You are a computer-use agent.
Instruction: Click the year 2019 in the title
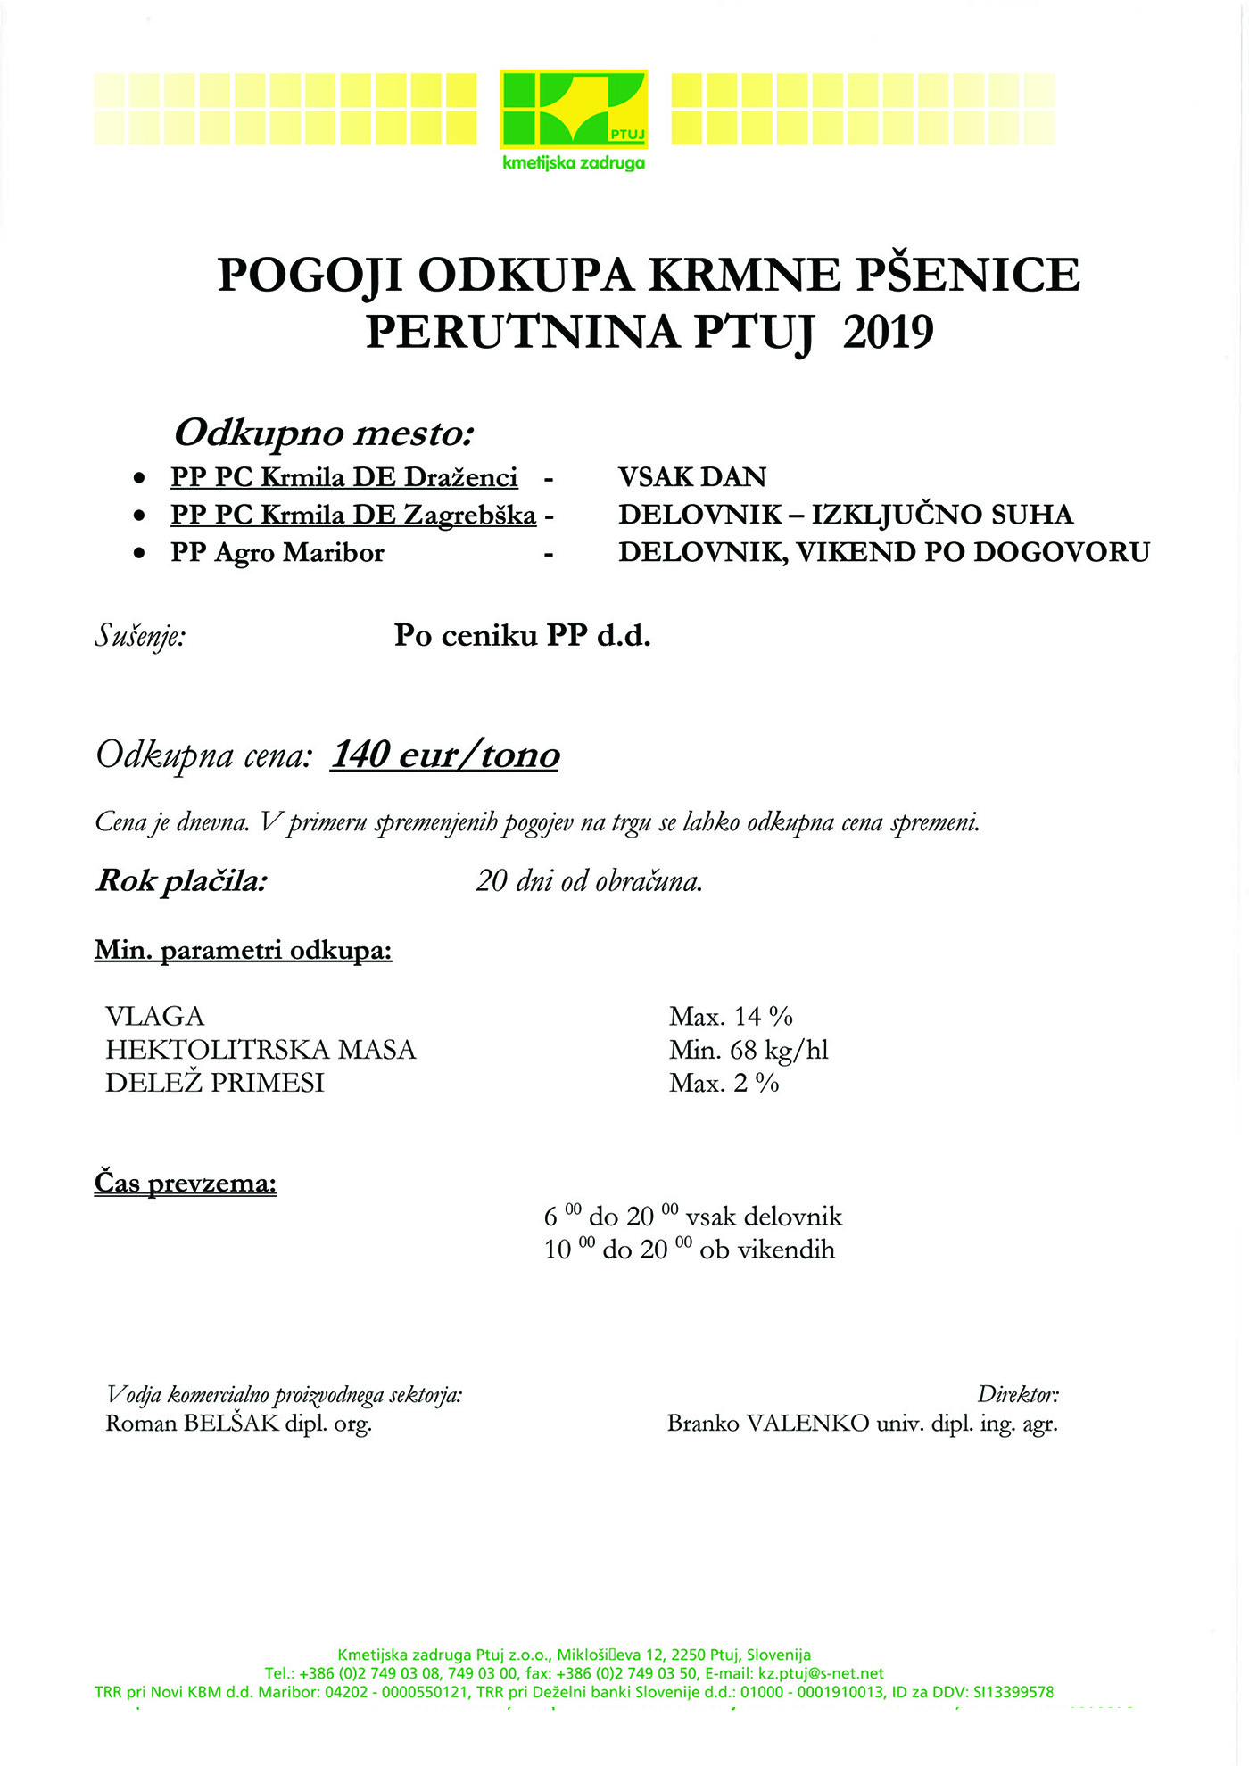pos(888,332)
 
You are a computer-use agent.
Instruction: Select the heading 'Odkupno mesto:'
pos(323,433)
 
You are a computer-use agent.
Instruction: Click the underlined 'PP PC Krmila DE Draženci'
pos(344,477)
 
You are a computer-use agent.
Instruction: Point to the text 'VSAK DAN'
pos(692,477)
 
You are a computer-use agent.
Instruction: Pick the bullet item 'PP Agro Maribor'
pos(277,553)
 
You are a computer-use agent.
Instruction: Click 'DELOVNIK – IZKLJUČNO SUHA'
pos(846,515)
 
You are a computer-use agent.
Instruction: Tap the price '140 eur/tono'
pos(445,755)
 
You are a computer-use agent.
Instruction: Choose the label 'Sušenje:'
pos(140,637)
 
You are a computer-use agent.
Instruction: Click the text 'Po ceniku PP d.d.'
pos(523,636)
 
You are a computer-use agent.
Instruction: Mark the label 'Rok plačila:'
pos(182,881)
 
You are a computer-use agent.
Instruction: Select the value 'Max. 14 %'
pos(731,1016)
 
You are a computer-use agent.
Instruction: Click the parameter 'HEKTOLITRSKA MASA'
pos(261,1049)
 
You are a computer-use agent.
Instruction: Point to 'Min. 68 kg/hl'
pos(749,1050)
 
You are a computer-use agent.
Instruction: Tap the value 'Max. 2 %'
pos(724,1083)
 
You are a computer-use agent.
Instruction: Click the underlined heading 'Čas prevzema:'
pos(186,1184)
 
